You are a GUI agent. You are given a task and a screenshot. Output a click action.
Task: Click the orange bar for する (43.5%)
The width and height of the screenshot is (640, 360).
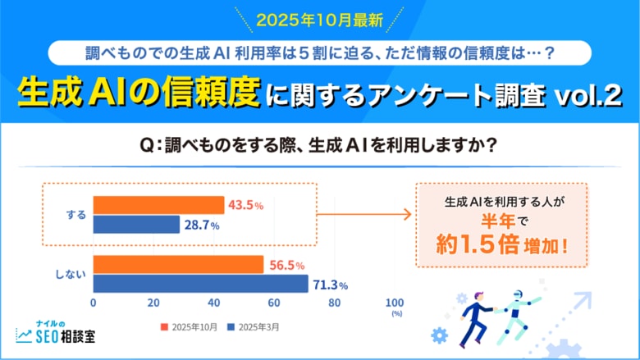tap(158, 205)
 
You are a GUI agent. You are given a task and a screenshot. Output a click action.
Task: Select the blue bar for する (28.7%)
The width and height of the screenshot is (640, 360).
tap(136, 225)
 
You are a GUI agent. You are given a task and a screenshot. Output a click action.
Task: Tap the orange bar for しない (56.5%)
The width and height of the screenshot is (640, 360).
tap(178, 265)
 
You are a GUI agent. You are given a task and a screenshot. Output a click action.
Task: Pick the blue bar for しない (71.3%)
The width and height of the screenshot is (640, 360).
tap(200, 284)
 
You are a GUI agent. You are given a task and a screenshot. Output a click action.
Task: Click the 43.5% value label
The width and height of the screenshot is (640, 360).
tap(247, 205)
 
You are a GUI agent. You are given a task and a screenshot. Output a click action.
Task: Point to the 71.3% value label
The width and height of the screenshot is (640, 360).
tap(331, 285)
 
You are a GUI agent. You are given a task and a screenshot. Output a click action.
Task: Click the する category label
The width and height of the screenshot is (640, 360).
tap(75, 215)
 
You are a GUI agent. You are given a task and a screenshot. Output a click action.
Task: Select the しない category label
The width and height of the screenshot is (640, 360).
tap(72, 275)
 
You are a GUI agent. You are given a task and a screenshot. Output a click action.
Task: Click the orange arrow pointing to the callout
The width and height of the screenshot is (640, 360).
tap(363, 215)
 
